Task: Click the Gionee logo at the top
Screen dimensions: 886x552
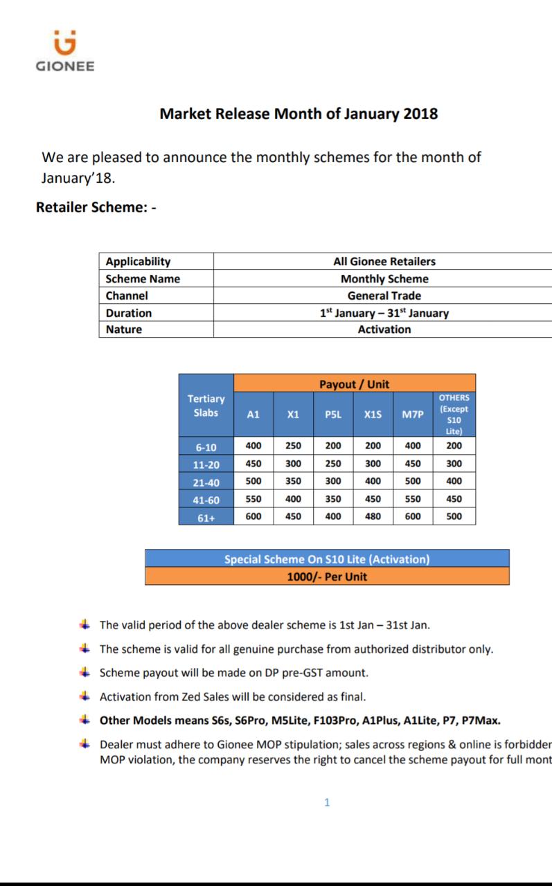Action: coord(65,51)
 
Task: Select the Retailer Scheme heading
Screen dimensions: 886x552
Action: coord(96,207)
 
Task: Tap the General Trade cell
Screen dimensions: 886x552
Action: coord(384,296)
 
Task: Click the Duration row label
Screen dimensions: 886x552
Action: coord(128,313)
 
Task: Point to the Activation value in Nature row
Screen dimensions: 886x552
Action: coord(384,329)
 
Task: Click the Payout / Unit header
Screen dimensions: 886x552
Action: coord(354,383)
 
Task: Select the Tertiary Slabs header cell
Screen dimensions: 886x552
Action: coord(206,406)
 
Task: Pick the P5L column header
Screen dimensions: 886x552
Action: coord(333,415)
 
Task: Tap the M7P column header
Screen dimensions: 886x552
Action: coord(412,415)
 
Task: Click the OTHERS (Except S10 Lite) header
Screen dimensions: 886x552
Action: coord(454,415)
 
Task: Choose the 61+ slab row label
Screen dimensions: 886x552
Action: coord(206,517)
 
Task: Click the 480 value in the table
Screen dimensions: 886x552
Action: coord(373,516)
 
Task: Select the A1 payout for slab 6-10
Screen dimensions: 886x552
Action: coord(253,446)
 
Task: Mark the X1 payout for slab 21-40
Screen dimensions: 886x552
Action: coord(293,481)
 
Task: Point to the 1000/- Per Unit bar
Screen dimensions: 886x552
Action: coord(327,576)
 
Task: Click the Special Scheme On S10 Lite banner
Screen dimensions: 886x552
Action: coord(327,559)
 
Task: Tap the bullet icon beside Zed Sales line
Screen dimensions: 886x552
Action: coord(84,696)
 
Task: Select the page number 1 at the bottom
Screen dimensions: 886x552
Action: coord(328,802)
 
